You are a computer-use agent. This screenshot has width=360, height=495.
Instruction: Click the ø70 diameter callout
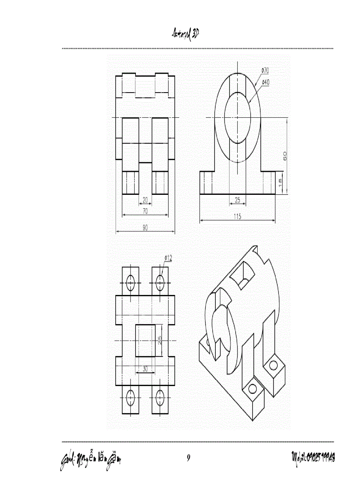click(x=266, y=70)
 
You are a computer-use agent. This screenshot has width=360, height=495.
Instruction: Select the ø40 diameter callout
click(x=266, y=82)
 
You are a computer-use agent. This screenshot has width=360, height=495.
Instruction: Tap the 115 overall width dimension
click(x=237, y=216)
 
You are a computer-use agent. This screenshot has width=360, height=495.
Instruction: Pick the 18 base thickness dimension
click(x=281, y=182)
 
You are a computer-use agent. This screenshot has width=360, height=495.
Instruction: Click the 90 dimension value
click(x=145, y=228)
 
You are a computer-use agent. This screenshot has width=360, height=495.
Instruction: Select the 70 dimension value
click(x=145, y=212)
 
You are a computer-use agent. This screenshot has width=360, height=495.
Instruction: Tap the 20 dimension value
click(x=145, y=200)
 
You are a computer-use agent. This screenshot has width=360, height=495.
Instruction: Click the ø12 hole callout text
click(x=168, y=257)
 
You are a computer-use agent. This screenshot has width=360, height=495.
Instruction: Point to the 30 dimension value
click(x=145, y=369)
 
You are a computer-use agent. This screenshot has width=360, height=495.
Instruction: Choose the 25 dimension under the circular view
click(x=237, y=201)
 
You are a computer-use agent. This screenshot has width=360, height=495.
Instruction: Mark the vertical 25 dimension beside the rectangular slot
click(x=160, y=340)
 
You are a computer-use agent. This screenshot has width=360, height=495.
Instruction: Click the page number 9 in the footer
click(x=188, y=458)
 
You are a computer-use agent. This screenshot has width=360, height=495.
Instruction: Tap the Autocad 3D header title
click(x=186, y=34)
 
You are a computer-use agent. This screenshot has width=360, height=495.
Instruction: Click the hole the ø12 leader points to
click(x=160, y=282)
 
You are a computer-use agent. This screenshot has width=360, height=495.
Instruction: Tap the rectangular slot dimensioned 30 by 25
click(x=145, y=340)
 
